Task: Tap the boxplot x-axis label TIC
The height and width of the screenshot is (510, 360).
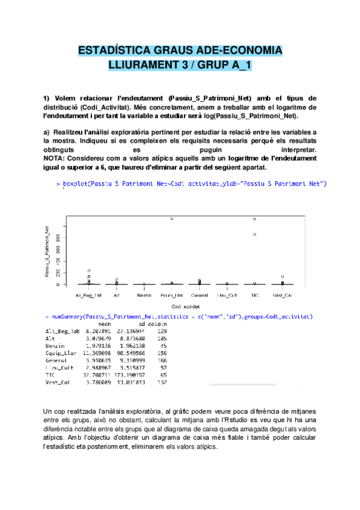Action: point(255,295)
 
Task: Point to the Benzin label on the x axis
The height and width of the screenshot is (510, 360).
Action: point(144,295)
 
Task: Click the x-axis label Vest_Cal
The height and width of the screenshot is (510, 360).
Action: point(282,295)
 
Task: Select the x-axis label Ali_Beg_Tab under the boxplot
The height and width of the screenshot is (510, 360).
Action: point(88,295)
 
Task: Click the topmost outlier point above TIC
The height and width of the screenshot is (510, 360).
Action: point(255,220)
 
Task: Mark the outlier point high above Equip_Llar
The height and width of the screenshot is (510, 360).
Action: point(172,219)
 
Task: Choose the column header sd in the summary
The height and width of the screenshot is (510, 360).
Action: point(141,324)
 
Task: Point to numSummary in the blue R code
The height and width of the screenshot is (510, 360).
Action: point(67,315)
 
